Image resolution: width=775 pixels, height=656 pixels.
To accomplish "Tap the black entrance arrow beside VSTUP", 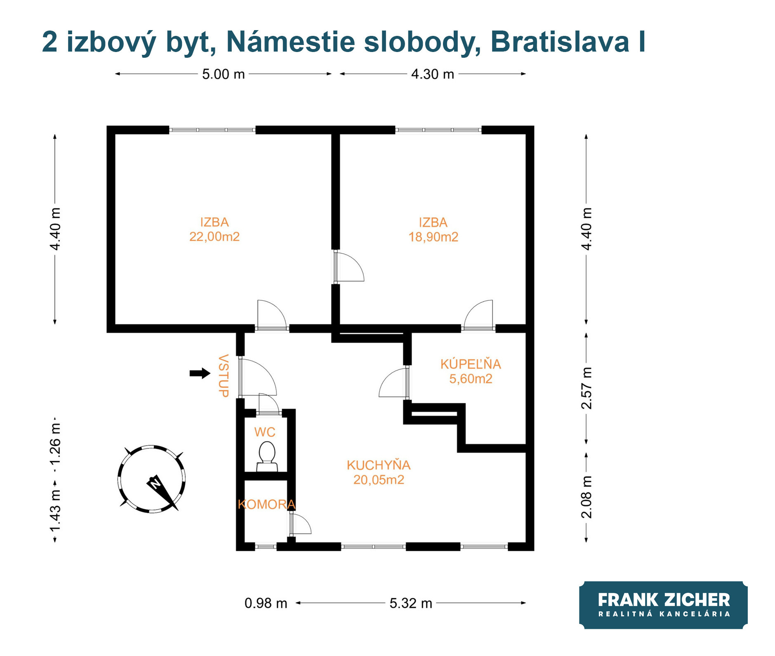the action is (x=200, y=373).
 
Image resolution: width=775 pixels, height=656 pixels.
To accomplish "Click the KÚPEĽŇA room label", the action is (x=471, y=364).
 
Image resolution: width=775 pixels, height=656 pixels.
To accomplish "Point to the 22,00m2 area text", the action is (x=214, y=237).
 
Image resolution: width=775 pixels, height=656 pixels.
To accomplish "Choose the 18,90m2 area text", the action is (x=433, y=237).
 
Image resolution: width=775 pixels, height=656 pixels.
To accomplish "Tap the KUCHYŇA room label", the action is (x=379, y=465).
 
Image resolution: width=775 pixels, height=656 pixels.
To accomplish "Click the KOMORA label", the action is (x=267, y=504).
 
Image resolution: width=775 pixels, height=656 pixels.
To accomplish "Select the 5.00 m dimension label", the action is (x=224, y=74).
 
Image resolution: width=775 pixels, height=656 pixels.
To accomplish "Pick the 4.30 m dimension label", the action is (x=433, y=74).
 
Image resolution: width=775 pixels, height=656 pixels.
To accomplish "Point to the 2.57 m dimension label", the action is (x=587, y=388).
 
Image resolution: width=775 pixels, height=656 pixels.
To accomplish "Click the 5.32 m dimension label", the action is (x=411, y=604).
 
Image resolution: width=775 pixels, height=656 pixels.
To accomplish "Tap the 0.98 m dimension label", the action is (x=266, y=604).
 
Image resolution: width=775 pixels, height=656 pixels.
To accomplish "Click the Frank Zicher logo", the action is (x=663, y=605).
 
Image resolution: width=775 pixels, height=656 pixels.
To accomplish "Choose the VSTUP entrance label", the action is (x=224, y=376).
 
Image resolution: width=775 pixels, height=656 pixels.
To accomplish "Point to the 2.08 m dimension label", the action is (x=587, y=497).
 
